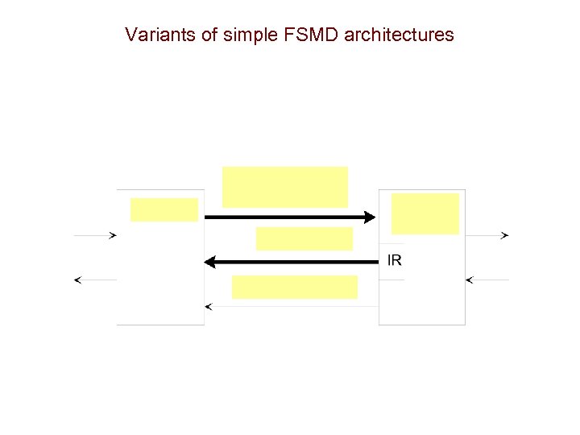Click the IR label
(395, 260)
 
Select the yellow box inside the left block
(164, 209)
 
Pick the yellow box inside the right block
(425, 213)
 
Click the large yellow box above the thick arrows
(285, 187)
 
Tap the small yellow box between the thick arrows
(304, 238)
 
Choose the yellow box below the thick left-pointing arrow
(295, 287)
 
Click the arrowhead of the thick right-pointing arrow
(370, 217)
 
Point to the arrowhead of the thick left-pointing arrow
(211, 262)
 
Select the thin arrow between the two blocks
(290, 307)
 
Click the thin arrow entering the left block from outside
(95, 235)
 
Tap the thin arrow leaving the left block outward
(95, 280)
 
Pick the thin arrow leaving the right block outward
(487, 235)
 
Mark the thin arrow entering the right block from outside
(487, 280)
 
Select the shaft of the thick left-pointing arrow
(298, 262)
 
